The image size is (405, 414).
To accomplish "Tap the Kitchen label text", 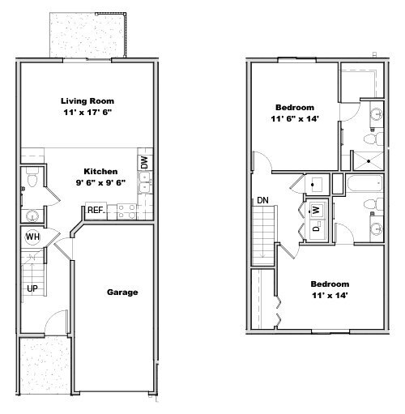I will tap(101, 172).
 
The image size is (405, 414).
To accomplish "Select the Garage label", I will tap(122, 292).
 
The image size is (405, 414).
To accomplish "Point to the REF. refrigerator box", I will tap(96, 211).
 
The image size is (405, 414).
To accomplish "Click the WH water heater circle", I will tap(33, 237).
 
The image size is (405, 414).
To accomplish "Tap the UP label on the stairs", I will tap(32, 288).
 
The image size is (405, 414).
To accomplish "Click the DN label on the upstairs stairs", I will tap(262, 200).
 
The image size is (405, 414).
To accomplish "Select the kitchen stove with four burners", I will tap(126, 211).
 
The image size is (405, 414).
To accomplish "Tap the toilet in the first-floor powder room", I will tap(30, 179).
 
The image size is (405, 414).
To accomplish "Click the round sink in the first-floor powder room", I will tap(30, 215).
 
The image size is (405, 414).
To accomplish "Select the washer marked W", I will tap(318, 209).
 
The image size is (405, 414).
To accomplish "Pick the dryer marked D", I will tap(317, 229).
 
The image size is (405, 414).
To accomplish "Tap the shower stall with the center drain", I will tap(369, 160).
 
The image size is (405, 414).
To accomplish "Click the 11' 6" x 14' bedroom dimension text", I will tap(295, 119).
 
